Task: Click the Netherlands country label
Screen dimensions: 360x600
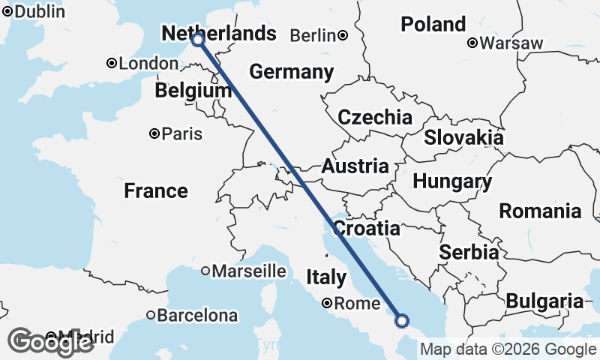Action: [x=219, y=34]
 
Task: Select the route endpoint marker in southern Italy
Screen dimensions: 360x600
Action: [x=402, y=321]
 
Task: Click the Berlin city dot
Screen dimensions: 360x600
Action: [x=342, y=35]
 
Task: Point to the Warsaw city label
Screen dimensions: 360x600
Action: [x=511, y=43]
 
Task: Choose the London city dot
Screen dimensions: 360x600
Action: [x=111, y=64]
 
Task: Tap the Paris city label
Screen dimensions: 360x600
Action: [x=183, y=134]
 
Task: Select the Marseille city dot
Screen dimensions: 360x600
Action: [x=205, y=271]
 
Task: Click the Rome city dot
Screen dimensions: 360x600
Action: [x=328, y=304]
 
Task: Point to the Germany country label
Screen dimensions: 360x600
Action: [x=291, y=72]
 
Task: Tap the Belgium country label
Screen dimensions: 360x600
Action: [x=193, y=91]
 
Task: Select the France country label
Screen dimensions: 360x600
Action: [x=156, y=190]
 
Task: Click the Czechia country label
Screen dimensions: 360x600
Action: [x=374, y=117]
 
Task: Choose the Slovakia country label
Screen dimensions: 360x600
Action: [x=463, y=138]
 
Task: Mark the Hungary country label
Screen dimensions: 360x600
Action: [x=452, y=181]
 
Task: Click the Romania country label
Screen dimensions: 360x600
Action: [x=540, y=211]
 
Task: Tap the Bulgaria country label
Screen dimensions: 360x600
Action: [x=544, y=301]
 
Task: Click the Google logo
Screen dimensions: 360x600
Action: [x=51, y=342]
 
